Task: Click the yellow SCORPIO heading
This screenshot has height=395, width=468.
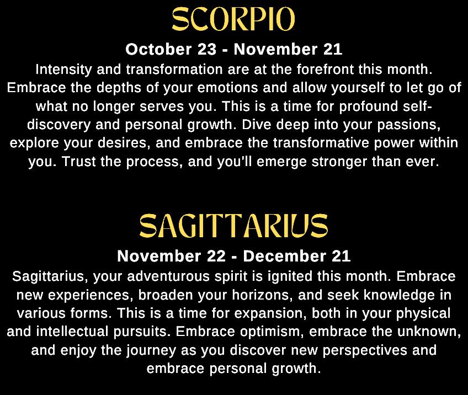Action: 233,19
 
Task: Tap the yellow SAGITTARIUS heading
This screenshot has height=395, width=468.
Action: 233,226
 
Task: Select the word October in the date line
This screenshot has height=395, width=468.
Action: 158,49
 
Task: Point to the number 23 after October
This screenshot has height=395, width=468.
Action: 207,49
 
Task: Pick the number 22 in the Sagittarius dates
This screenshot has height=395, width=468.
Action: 216,256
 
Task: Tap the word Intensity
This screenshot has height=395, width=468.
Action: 63,70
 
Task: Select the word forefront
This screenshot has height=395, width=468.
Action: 325,70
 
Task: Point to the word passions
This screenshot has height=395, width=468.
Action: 409,125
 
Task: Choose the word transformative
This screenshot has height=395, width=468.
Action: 321,143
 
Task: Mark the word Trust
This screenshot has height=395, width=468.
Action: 79,162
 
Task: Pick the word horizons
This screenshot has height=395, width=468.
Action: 260,295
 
